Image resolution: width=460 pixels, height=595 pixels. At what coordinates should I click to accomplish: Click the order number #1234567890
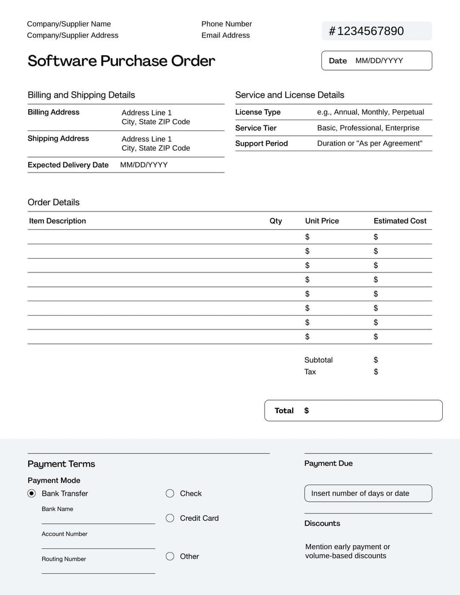coord(366,31)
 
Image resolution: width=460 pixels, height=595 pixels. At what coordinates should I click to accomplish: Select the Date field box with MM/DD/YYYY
coord(377,60)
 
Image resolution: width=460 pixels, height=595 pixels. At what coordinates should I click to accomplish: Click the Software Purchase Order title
coord(121,61)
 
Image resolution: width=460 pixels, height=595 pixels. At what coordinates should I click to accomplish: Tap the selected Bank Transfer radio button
coord(32,493)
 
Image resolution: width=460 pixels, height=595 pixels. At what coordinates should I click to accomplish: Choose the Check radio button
coord(170,493)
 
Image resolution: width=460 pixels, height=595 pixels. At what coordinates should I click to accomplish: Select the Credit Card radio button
coord(170,518)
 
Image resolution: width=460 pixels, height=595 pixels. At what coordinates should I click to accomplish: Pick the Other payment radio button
coord(170,556)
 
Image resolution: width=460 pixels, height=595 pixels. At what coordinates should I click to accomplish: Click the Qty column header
coord(276,221)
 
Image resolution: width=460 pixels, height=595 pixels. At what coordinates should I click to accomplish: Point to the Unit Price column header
coord(322,221)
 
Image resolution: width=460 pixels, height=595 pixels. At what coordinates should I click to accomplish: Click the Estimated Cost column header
coord(400,221)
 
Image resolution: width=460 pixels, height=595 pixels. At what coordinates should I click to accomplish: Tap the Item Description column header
coord(57,221)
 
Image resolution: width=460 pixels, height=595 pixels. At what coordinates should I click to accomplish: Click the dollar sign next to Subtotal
coord(375,360)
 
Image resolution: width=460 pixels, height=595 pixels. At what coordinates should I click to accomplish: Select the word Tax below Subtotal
coord(310,372)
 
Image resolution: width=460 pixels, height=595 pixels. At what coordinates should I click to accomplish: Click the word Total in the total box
coord(284,410)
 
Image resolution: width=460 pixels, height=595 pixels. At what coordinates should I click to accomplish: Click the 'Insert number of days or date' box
coord(368,493)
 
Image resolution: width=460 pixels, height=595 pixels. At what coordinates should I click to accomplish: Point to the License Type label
coord(258,112)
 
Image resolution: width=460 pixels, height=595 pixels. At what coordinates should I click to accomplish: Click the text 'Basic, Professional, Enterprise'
coord(369,128)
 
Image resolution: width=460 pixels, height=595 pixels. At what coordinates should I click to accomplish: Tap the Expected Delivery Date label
coord(68,165)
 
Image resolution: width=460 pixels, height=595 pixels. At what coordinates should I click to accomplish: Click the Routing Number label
coord(64,559)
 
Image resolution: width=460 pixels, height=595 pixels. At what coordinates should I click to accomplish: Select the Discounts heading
coord(322,523)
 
